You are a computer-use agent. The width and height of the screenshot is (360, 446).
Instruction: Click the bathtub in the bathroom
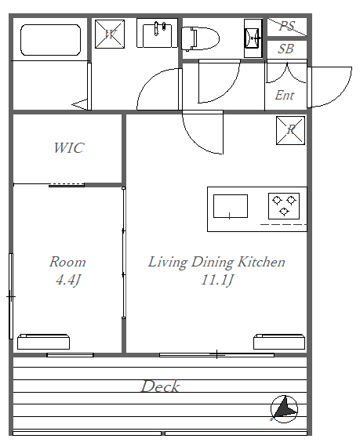51,40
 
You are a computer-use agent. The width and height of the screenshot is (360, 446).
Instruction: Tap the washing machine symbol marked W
110,34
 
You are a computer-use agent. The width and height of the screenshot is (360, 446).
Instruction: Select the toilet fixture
200,38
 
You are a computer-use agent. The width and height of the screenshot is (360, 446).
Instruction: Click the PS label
287,26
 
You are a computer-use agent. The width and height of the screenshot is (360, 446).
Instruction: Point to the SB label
285,49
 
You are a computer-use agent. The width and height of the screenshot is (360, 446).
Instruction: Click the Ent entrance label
284,95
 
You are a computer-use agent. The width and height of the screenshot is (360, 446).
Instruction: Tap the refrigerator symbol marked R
290,130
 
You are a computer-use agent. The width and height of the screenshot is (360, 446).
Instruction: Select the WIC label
69,148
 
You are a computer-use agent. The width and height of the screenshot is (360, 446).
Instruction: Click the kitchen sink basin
231,206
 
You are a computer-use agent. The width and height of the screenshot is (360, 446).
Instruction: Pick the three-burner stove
284,206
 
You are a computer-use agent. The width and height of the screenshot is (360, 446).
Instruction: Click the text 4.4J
68,280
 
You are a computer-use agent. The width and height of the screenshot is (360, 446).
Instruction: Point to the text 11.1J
217,280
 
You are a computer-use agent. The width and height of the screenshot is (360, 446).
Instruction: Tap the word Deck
161,386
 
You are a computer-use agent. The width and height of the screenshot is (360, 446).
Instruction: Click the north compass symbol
284,409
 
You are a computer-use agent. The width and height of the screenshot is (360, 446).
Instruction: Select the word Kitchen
261,262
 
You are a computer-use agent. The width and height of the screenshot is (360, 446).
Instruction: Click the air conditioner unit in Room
44,342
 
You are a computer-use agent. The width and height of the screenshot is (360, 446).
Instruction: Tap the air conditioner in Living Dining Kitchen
279,342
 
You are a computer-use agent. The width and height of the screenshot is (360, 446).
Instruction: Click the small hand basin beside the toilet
253,38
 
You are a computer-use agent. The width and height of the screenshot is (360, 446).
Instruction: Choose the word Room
67,262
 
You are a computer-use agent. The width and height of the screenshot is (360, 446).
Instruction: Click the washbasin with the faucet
157,33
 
